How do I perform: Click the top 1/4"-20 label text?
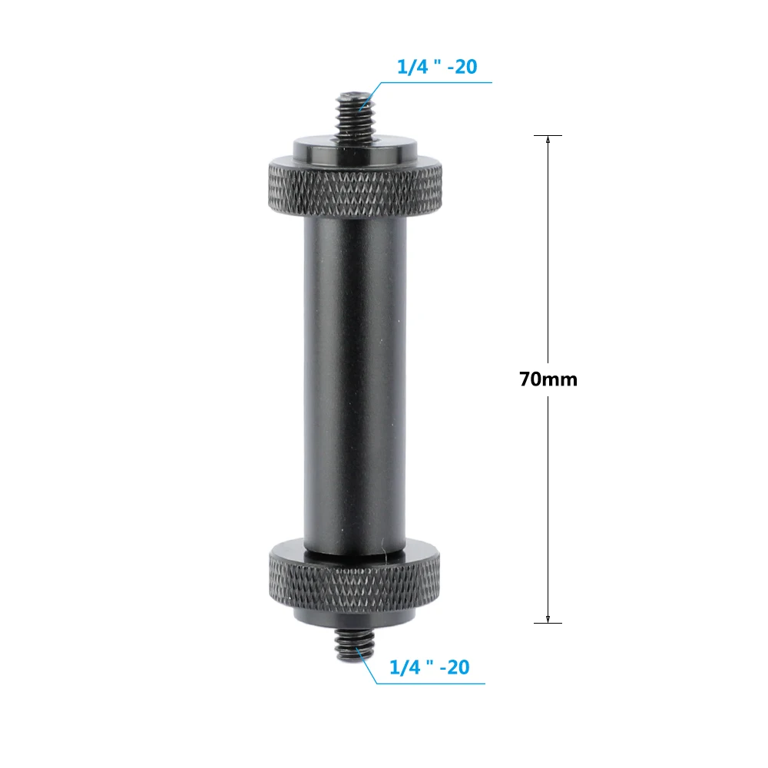tap(437, 67)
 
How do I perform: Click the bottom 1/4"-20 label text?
tap(429, 667)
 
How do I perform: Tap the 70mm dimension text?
tap(548, 379)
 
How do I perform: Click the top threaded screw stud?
tap(355, 116)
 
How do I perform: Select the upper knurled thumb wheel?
tap(355, 186)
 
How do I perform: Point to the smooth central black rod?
tap(355, 382)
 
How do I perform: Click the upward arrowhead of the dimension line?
tap(548, 140)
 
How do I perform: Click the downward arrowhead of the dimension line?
tap(548, 618)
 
